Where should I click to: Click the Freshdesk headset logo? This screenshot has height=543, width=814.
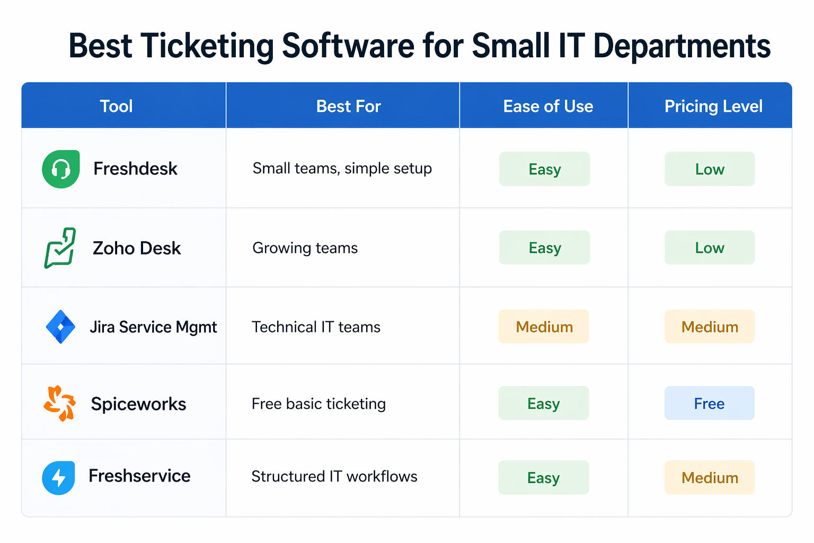click(x=61, y=169)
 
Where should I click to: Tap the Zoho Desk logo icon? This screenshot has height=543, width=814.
click(x=60, y=248)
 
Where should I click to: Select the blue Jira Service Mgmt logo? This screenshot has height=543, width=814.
click(x=60, y=327)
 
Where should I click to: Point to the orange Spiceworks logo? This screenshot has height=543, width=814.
click(x=59, y=404)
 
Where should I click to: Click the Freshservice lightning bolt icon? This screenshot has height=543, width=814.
click(x=58, y=478)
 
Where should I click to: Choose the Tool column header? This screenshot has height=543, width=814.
click(x=117, y=106)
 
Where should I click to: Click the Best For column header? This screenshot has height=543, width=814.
click(x=348, y=106)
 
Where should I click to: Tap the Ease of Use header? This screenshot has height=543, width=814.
click(x=548, y=106)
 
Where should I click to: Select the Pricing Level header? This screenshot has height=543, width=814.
click(x=713, y=106)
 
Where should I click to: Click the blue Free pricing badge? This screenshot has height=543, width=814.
click(x=709, y=404)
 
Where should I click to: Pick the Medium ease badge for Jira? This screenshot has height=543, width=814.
click(x=544, y=327)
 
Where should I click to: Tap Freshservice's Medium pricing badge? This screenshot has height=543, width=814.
click(x=709, y=478)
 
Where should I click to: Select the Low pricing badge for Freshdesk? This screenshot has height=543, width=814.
click(x=709, y=169)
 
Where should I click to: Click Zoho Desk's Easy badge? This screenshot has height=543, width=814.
click(x=544, y=248)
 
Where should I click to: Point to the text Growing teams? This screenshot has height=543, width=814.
click(x=305, y=248)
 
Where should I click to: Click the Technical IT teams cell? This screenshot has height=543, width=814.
click(x=316, y=327)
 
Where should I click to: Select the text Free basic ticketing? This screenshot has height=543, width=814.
click(x=318, y=404)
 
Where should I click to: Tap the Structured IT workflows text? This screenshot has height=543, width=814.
click(x=334, y=477)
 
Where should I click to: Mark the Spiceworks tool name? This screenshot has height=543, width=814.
click(x=138, y=404)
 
